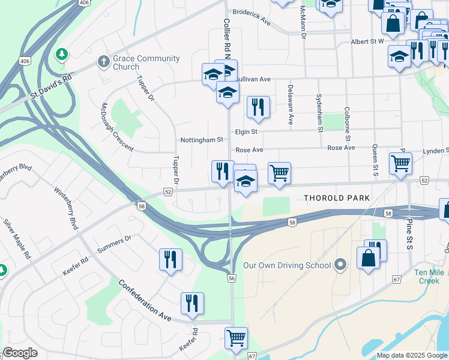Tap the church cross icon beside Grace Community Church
103,62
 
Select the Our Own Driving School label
287,265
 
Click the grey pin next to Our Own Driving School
340,265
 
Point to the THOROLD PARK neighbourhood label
337,198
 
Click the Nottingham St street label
202,140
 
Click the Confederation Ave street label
145,298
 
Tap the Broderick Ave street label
252,16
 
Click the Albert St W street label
367,41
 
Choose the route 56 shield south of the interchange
232,278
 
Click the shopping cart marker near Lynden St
400,163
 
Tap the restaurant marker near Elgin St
258,107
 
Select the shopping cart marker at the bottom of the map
237,338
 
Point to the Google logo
20,353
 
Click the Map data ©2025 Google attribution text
411,355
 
